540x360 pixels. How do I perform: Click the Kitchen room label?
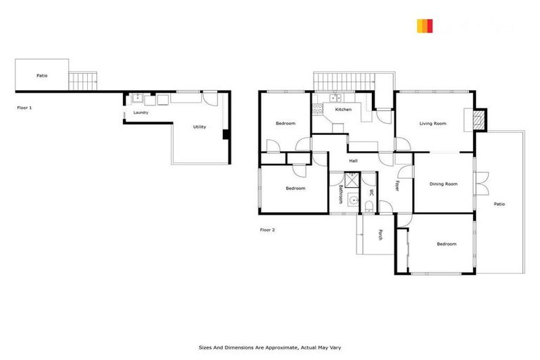(343, 110)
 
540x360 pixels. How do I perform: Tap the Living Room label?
(433, 124)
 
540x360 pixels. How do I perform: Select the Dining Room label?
(444, 184)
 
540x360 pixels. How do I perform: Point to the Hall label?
(353, 161)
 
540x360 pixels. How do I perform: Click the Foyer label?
(397, 186)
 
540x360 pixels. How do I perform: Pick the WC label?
(371, 192)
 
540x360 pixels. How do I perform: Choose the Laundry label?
(140, 112)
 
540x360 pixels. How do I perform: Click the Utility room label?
(200, 127)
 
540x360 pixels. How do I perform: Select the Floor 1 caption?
(25, 108)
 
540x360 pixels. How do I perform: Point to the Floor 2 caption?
(268, 230)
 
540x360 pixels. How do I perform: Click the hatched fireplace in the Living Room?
(479, 120)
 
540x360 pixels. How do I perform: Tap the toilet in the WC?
(370, 206)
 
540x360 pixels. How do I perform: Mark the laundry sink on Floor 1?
(138, 98)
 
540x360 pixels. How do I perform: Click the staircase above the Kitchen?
(344, 82)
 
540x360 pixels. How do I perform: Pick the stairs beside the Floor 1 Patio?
(83, 81)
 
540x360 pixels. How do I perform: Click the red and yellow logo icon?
(424, 26)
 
